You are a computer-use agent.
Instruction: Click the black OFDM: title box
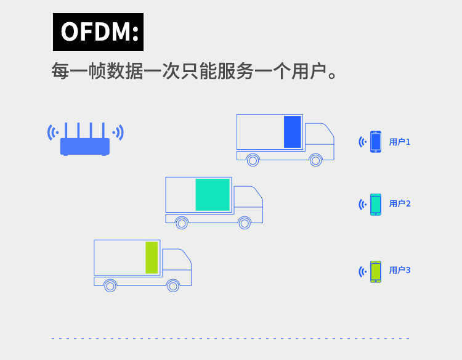coord(98,32)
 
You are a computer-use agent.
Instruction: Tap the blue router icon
coord(85,145)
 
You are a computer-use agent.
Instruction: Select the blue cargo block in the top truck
coord(292,132)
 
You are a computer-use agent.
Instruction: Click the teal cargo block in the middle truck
coord(213,195)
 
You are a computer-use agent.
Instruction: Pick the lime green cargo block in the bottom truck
coord(152,258)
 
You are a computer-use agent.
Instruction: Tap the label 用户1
coord(399,142)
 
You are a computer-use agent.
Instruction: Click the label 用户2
coord(399,203)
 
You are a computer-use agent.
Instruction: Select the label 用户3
coord(399,270)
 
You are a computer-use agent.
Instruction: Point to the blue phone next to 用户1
coord(376,142)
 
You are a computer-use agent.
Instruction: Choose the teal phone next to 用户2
coord(376,204)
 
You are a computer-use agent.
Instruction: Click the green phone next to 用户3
coord(376,271)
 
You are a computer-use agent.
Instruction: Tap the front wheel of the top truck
coord(315,160)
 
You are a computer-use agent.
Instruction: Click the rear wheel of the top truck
coord(253,160)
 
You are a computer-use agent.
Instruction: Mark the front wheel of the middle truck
coord(245,223)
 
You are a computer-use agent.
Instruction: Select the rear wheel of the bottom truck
coord(110,285)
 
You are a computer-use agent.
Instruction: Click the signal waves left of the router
coord(53,132)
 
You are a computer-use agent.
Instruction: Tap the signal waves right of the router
coord(118,132)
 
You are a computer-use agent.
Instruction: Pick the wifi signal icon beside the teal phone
coord(363,204)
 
